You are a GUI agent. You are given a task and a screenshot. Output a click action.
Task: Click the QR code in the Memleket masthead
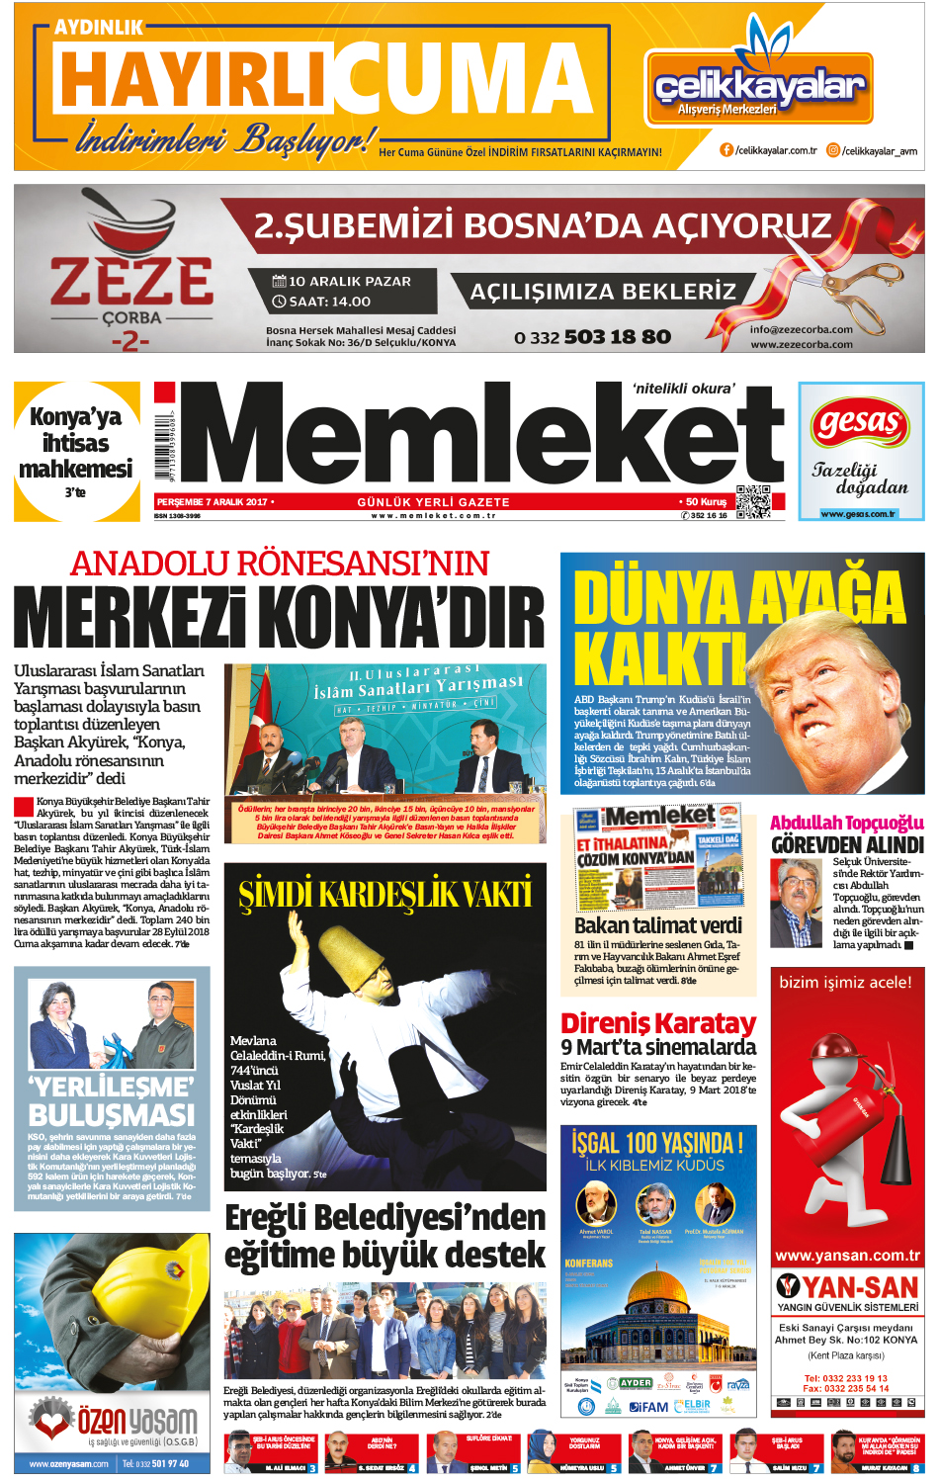pyautogui.click(x=752, y=501)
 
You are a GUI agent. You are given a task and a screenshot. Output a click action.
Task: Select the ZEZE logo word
pyautogui.click(x=131, y=281)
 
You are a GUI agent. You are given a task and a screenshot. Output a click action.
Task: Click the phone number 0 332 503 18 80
pyautogui.click(x=592, y=337)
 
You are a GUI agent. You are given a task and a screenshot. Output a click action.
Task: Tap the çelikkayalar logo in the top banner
pyautogui.click(x=759, y=88)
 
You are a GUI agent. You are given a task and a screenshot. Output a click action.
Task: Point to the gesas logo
pyautogui.click(x=859, y=423)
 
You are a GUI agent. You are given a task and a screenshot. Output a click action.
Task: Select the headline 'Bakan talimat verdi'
pyautogui.click(x=657, y=925)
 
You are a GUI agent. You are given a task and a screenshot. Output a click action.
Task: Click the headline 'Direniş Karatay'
pyautogui.click(x=657, y=1022)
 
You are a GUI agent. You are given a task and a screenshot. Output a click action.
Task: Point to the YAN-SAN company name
pyautogui.click(x=860, y=1286)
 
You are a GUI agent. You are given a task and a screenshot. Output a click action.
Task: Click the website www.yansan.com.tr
pyautogui.click(x=847, y=1256)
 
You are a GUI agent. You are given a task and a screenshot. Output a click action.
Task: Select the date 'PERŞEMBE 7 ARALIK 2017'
pyautogui.click(x=212, y=502)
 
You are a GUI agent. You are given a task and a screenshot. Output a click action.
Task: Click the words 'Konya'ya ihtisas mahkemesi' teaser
pyautogui.click(x=76, y=443)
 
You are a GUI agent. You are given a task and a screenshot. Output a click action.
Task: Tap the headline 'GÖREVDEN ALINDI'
pyautogui.click(x=847, y=845)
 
